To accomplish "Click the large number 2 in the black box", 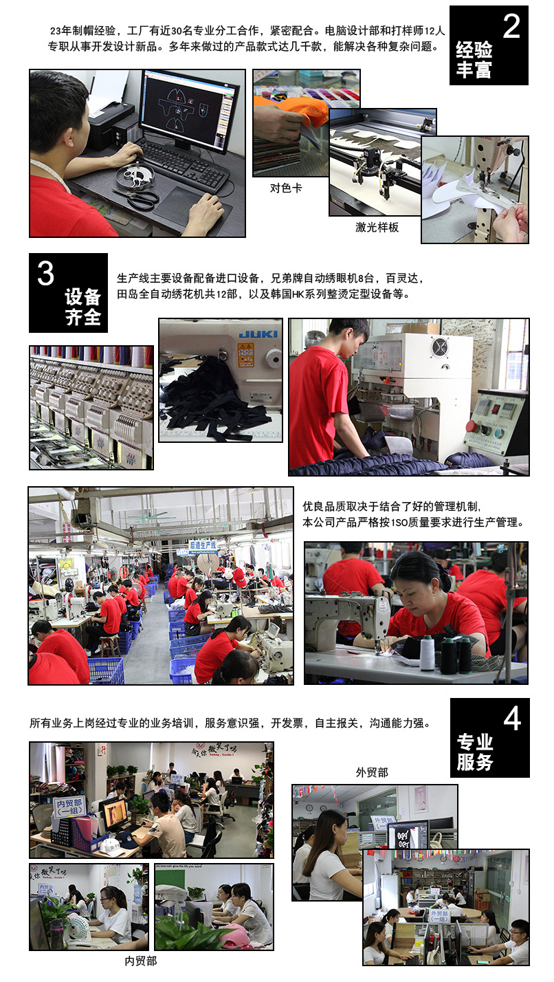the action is point(511,26).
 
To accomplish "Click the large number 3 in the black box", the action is point(45,274).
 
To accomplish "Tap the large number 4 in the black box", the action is point(512,719).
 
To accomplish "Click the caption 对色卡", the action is point(286,188).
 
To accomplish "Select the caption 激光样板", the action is point(377,227).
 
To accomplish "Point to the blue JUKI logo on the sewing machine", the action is point(258,334).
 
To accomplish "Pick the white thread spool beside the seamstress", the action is point(428,653).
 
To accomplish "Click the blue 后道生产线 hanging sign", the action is point(203,545).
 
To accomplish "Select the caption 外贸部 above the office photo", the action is point(372,772).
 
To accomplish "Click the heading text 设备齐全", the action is point(83,307).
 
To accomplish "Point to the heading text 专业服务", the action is point(475,752).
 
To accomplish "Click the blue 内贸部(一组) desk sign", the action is point(69,806).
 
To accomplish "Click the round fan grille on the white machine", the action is point(439,348).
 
